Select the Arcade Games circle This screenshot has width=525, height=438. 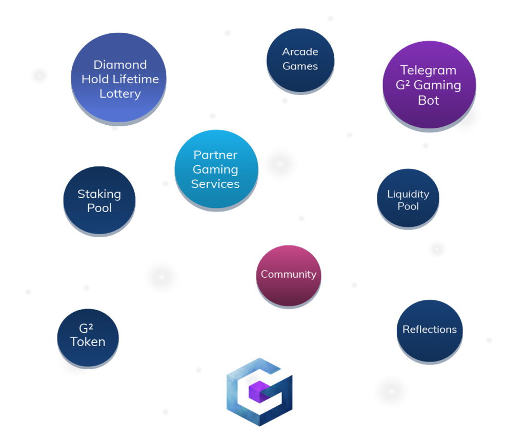pyautogui.click(x=300, y=61)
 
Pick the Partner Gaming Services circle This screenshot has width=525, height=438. pyautogui.click(x=216, y=169)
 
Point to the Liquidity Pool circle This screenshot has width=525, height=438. pyautogui.click(x=408, y=199)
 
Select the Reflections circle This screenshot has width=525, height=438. pyautogui.click(x=430, y=331)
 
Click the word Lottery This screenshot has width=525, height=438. pyautogui.click(x=120, y=94)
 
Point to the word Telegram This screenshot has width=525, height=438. pyautogui.click(x=428, y=70)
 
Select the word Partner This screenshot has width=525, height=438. pyautogui.click(x=215, y=155)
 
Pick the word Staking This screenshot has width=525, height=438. pyautogui.click(x=99, y=194)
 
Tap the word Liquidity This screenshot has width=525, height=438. pyautogui.click(x=408, y=194)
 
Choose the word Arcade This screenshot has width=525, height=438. pyautogui.click(x=300, y=52)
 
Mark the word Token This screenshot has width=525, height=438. pyautogui.click(x=88, y=342)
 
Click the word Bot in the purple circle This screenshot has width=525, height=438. pyautogui.click(x=429, y=101)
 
